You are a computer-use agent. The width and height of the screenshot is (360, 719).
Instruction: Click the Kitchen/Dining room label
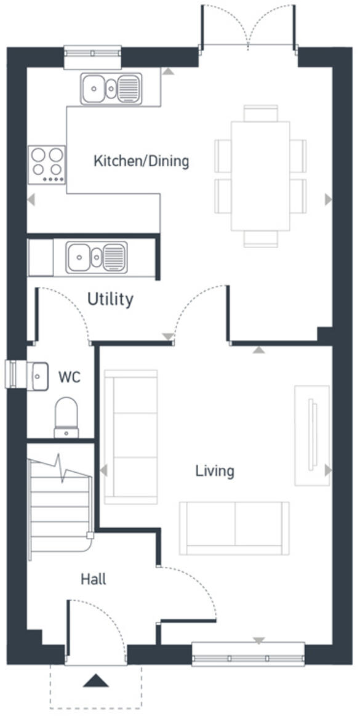coord(141,161)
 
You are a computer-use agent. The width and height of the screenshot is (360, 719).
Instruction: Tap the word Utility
coord(110,300)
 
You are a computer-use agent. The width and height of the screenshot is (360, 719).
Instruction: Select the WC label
coord(69,377)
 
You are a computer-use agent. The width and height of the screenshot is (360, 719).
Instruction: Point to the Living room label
coord(215,471)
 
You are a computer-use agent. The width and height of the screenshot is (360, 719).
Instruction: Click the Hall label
coord(93,579)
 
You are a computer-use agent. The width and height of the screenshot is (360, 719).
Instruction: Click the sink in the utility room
coord(97,257)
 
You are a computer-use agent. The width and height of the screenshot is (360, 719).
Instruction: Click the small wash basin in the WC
coord(39,376)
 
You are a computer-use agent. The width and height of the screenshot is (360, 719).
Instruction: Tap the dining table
coord(261,175)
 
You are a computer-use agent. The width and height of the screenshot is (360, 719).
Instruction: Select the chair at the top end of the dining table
coord(261,113)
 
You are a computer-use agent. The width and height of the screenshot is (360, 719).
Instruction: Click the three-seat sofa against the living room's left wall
coord(130,436)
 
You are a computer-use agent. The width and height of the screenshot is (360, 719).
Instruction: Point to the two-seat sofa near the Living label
coord(234,528)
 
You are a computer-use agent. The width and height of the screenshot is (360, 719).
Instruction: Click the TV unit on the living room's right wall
coord(312,435)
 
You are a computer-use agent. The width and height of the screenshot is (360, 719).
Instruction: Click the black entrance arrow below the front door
coord(95,680)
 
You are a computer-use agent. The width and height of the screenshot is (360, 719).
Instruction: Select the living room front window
coord(249,654)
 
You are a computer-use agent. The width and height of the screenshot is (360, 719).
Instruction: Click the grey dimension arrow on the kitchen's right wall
coord(328,199)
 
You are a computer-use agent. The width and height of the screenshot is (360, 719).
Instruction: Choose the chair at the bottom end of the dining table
coord(261,239)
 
